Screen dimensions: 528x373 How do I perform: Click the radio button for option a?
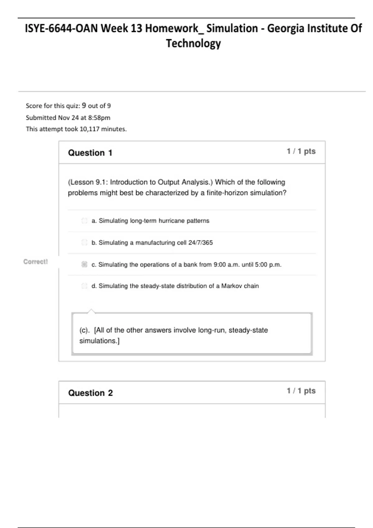point(84,221)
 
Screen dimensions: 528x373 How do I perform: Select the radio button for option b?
point(84,243)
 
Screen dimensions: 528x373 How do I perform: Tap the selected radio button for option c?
point(84,265)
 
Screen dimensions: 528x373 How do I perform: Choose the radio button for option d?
point(84,286)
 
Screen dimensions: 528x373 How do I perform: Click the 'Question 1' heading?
point(90,153)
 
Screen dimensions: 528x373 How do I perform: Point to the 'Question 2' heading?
point(90,393)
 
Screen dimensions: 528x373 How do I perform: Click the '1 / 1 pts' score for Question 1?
point(301,151)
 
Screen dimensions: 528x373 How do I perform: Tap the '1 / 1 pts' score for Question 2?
point(301,391)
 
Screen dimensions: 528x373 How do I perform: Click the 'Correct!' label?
point(36,262)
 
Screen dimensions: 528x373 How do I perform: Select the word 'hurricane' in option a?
point(172,221)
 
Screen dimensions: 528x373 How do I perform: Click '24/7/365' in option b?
point(200,243)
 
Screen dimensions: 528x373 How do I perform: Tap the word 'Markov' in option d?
point(230,286)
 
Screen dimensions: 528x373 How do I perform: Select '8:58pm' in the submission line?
point(99,118)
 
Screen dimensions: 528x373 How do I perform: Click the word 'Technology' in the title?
point(193,43)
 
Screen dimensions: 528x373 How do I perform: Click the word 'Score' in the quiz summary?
point(34,106)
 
